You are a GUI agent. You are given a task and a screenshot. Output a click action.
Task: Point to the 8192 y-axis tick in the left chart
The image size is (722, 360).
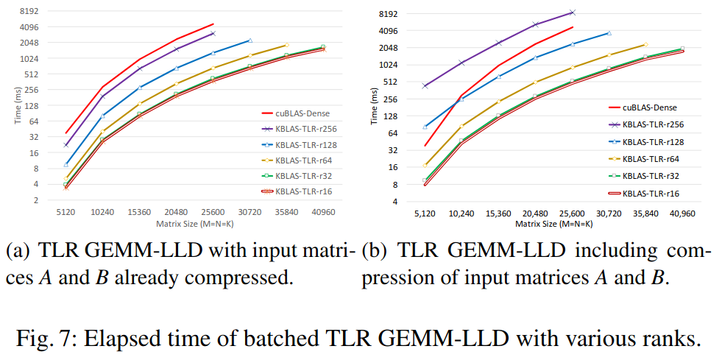[x=29, y=11]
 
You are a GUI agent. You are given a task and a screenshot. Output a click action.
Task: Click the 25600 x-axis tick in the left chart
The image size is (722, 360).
[x=213, y=212]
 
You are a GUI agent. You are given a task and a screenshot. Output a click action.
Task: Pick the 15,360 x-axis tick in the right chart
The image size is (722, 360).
[x=498, y=213]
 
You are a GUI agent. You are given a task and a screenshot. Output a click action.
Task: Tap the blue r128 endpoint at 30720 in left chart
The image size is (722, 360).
[x=249, y=40]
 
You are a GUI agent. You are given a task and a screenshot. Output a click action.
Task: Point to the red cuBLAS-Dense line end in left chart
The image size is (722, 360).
[x=213, y=24]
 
